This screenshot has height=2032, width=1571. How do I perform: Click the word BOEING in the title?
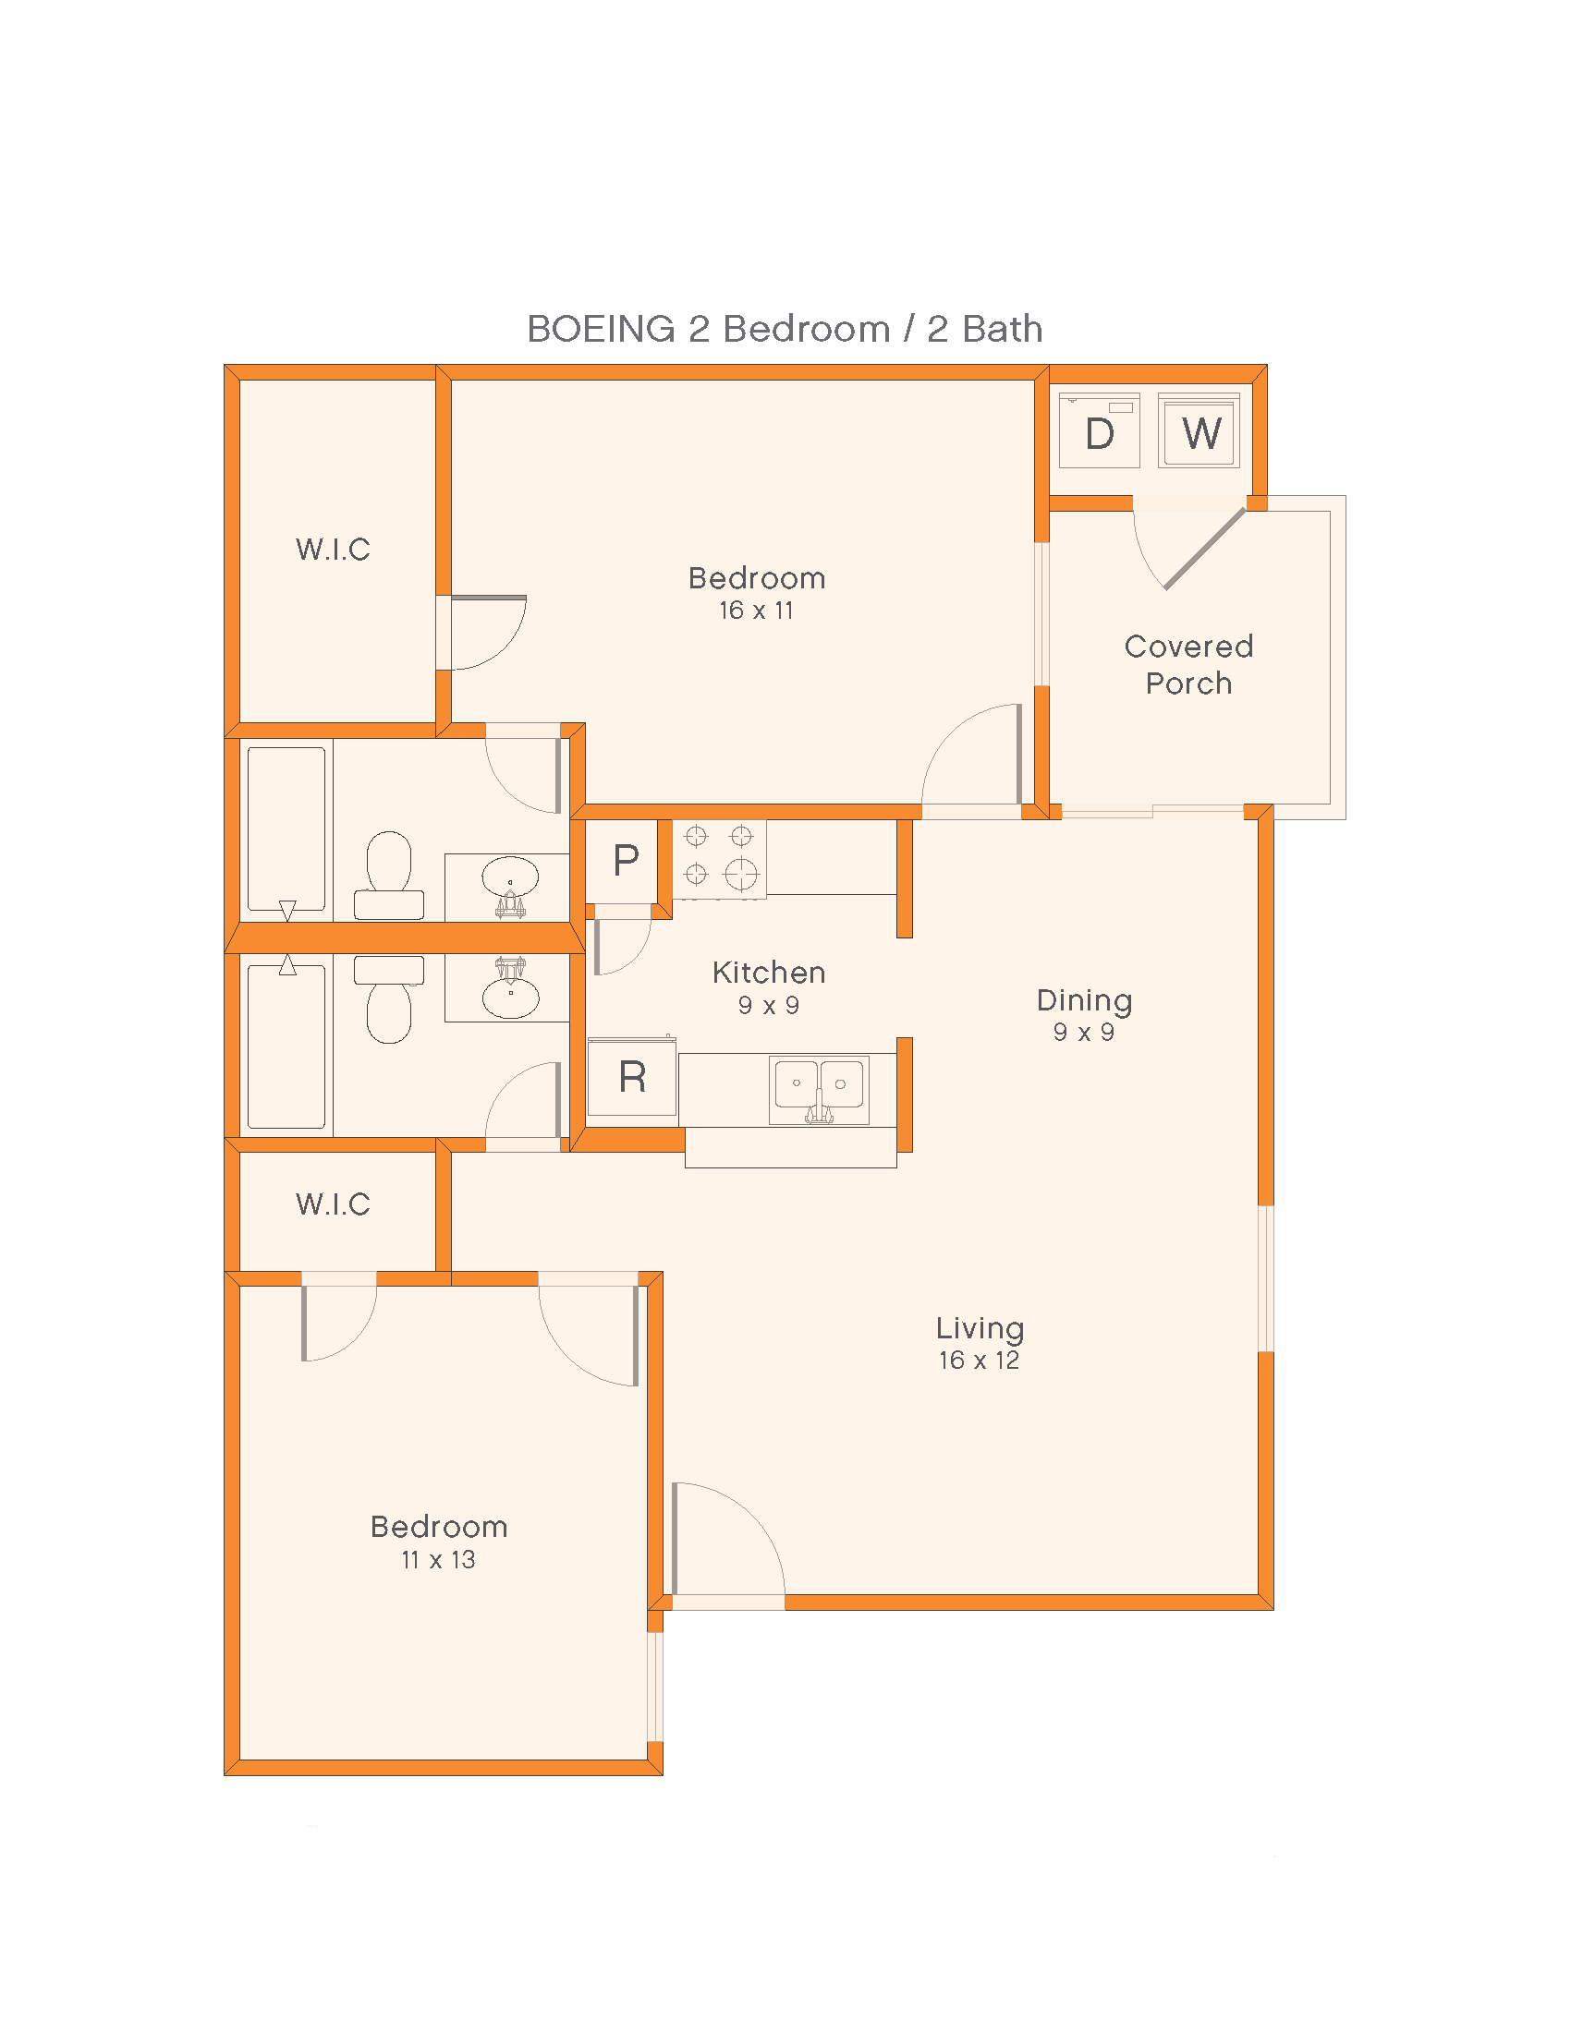click(601, 330)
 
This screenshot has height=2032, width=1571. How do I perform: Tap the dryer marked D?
click(1099, 431)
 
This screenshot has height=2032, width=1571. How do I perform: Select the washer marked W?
click(1199, 431)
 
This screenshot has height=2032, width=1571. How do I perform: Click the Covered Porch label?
click(1188, 664)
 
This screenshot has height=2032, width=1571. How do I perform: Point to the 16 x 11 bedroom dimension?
click(756, 611)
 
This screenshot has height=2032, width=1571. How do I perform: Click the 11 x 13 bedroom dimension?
click(438, 1560)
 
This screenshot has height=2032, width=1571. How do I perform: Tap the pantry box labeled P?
click(625, 862)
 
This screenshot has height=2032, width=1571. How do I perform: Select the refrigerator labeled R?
click(632, 1077)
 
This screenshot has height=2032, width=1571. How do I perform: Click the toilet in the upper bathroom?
click(389, 875)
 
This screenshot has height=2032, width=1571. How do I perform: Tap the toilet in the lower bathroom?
click(389, 1000)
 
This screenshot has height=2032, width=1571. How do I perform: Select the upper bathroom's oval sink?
click(509, 877)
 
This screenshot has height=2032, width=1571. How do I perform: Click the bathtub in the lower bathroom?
click(286, 1046)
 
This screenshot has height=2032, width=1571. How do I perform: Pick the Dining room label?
click(1084, 1001)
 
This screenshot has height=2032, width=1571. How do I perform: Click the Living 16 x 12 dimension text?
click(979, 1361)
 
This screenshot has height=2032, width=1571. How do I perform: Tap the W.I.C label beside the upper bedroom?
click(333, 550)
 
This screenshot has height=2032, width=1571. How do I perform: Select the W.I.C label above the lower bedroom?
click(333, 1204)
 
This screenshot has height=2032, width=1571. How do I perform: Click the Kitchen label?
click(769, 974)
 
